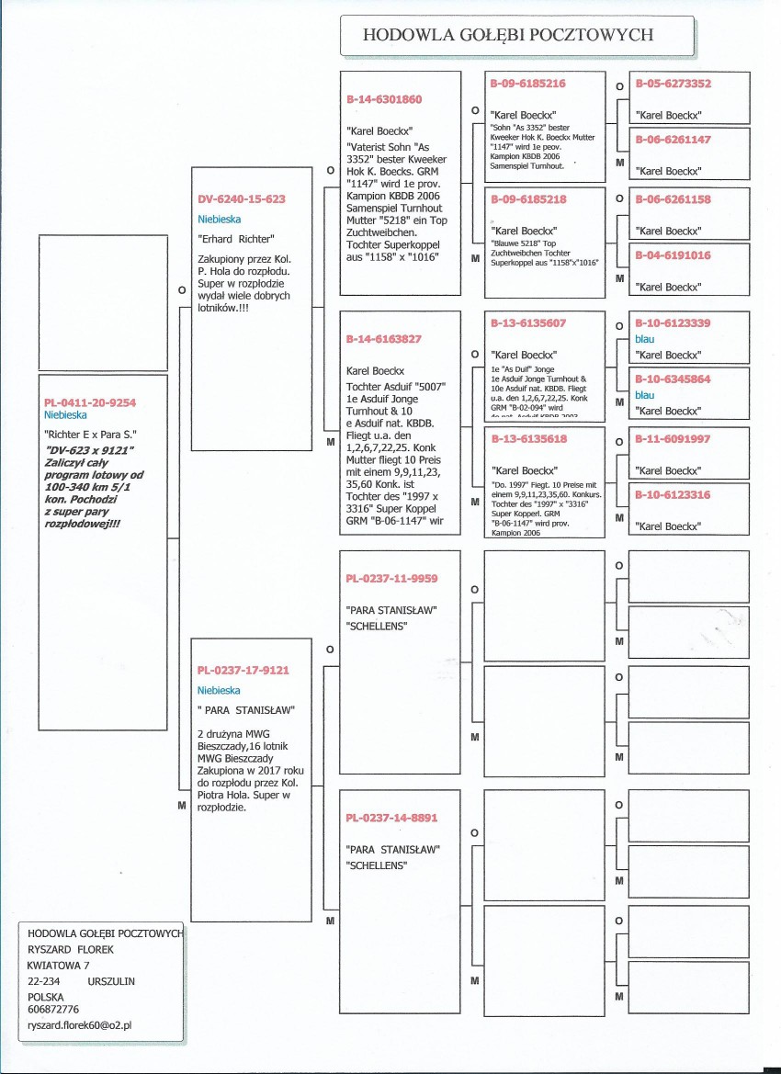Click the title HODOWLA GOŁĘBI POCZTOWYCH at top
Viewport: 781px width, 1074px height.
point(508,36)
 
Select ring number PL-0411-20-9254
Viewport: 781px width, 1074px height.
point(91,402)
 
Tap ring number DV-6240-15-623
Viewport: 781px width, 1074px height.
point(242,198)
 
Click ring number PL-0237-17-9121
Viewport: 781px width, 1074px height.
point(243,670)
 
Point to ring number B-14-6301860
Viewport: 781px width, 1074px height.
point(384,98)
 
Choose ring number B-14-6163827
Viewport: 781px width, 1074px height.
point(384,339)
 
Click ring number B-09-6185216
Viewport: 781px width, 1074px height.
point(527,84)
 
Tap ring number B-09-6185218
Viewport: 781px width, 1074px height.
point(527,199)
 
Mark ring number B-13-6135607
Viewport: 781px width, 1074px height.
point(527,323)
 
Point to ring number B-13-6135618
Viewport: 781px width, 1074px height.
point(527,439)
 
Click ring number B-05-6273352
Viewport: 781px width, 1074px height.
point(673,84)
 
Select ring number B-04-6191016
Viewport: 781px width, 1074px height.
point(673,255)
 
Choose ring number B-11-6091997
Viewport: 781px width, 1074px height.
point(673,439)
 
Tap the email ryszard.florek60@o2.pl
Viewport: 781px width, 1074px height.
point(80,1024)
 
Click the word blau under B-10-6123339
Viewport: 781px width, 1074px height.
point(645,339)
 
